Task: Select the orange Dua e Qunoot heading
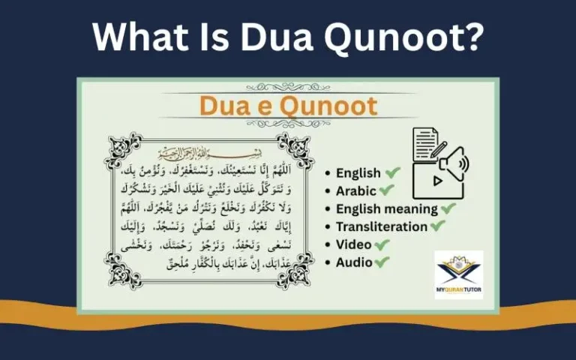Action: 288,106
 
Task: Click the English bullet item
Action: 358,173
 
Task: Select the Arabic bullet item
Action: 355,191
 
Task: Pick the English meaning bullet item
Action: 386,209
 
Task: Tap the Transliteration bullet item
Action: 382,226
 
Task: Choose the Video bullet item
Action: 352,244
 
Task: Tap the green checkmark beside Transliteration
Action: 438,226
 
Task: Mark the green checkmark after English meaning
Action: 448,208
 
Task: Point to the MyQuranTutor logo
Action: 458,274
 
